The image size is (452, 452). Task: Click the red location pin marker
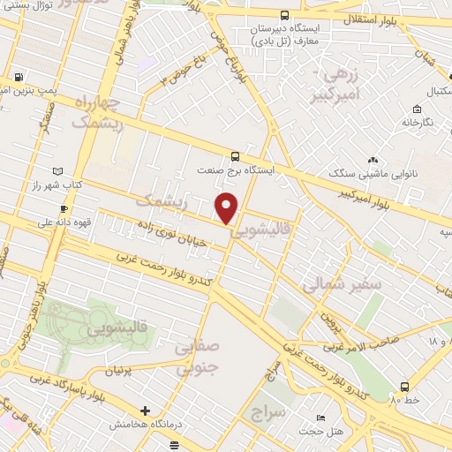228,207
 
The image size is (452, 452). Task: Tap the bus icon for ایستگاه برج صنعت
234,154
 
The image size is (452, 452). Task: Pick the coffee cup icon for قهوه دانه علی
63,209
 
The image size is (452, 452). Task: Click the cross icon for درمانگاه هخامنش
146,411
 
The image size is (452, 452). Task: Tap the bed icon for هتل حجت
320,418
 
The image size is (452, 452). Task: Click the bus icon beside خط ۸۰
403,386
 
